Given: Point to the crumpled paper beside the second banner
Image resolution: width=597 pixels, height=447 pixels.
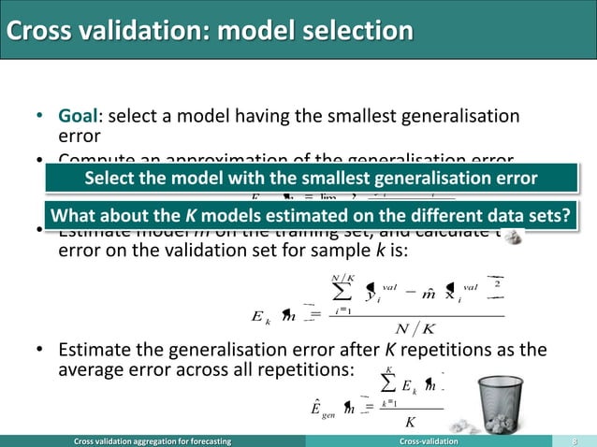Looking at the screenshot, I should [x=512, y=238].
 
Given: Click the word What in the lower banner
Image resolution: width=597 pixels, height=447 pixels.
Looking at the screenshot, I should [x=74, y=216].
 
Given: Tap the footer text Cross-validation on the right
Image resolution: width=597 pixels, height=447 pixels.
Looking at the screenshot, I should [x=430, y=440].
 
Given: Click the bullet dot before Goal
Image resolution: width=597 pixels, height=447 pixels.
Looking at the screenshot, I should [x=39, y=117].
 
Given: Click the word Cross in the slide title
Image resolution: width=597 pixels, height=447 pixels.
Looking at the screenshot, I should [x=35, y=31].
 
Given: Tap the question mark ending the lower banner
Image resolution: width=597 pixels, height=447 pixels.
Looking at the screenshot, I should [x=564, y=216].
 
